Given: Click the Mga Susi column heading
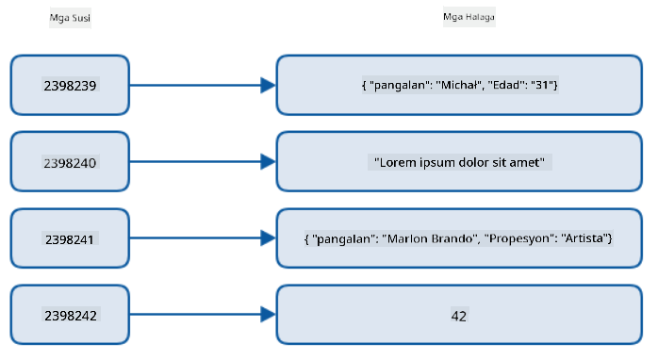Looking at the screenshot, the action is [x=70, y=18].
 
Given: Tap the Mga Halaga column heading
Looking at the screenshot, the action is [x=469, y=17].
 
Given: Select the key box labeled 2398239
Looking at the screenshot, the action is [x=70, y=85].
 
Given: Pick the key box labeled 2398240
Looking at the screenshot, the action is [x=70, y=161].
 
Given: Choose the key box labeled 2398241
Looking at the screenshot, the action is [x=70, y=238].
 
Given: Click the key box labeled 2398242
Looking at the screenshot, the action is [x=70, y=315].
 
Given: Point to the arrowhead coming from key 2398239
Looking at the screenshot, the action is [x=268, y=85].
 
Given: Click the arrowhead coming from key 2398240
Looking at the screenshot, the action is [x=268, y=161].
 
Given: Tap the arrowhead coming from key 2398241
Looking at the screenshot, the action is [x=268, y=237].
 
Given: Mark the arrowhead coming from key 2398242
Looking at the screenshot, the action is [x=268, y=314].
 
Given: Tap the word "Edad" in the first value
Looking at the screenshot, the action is [x=506, y=85].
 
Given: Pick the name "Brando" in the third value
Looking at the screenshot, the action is [x=454, y=238].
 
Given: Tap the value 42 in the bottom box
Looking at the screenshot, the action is [x=459, y=316].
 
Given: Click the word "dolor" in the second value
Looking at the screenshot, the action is [x=474, y=162].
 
